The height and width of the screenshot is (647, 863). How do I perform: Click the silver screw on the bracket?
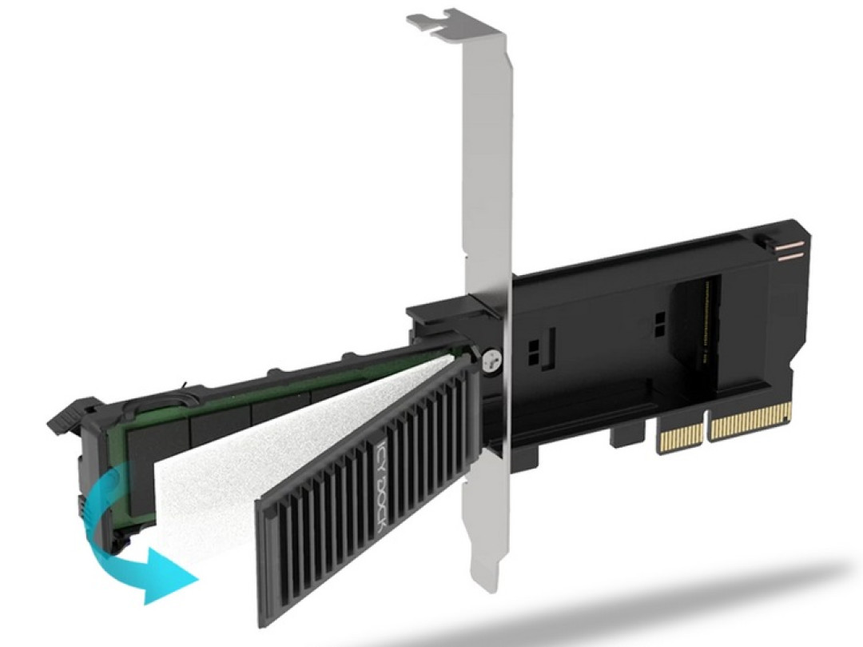(491, 361)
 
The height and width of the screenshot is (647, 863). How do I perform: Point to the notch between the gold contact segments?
(707, 429)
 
